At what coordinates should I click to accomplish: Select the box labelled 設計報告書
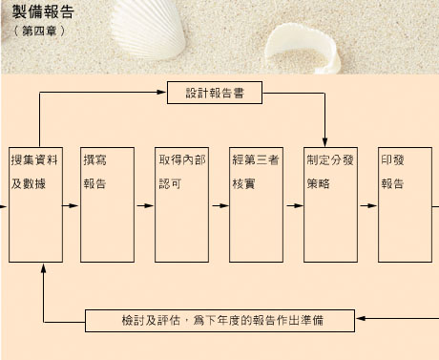pos(215,94)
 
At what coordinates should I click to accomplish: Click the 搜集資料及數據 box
pos(36,204)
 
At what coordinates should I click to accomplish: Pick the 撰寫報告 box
pos(107,204)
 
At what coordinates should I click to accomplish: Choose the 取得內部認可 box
pos(181,204)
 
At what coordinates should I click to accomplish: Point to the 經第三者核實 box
pos(256,204)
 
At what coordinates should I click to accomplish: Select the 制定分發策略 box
pos(330,204)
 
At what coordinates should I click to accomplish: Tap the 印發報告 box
pos(405,204)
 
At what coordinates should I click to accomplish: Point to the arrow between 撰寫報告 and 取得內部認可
pos(147,204)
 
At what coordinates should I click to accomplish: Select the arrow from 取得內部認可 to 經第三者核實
pos(221,204)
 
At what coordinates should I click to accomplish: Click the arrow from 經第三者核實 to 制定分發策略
pos(296,204)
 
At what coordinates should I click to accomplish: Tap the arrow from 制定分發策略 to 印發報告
pos(370,204)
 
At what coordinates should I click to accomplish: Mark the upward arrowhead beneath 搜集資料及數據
pos(44,270)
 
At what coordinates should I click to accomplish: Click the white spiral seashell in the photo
pos(305,48)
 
